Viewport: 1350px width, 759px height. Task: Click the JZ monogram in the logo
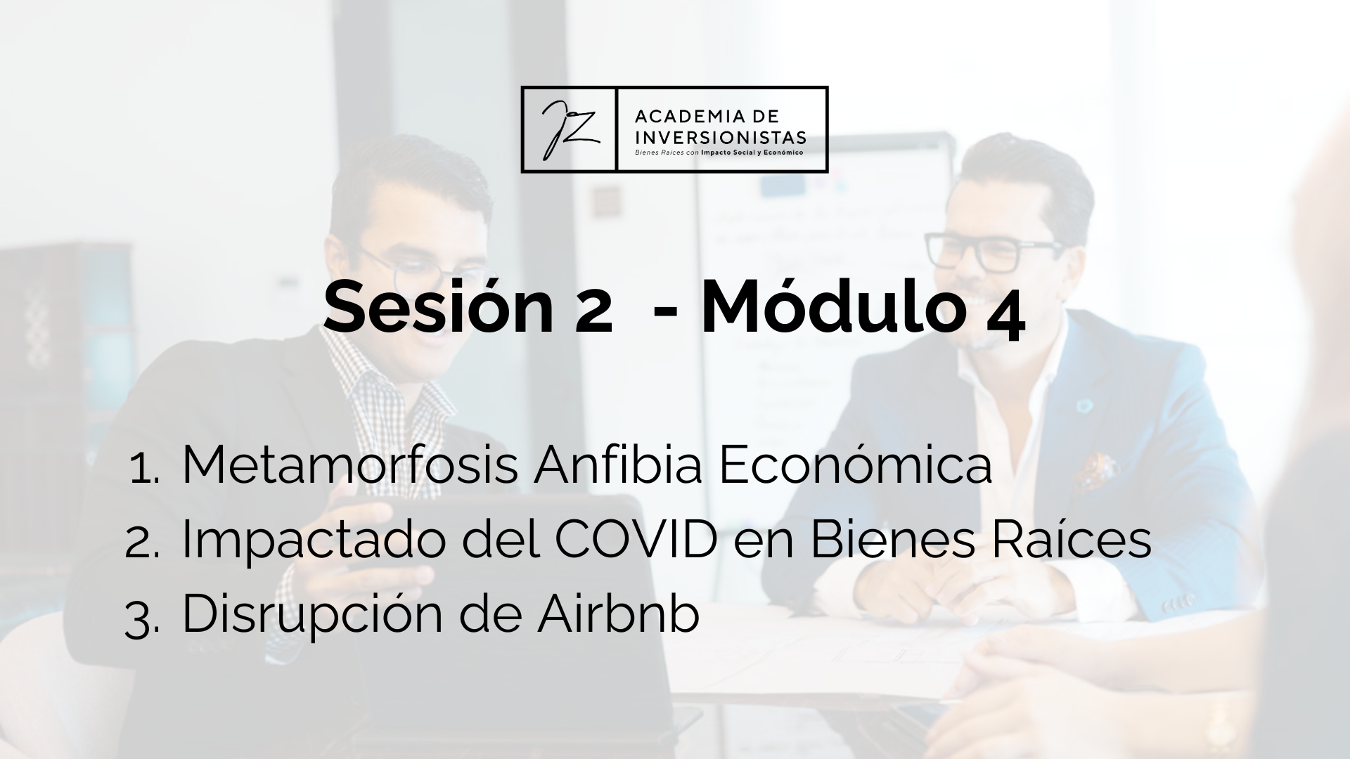pyautogui.click(x=569, y=129)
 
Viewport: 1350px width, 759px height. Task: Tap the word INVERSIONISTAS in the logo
pyautogui.click(x=720, y=136)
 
